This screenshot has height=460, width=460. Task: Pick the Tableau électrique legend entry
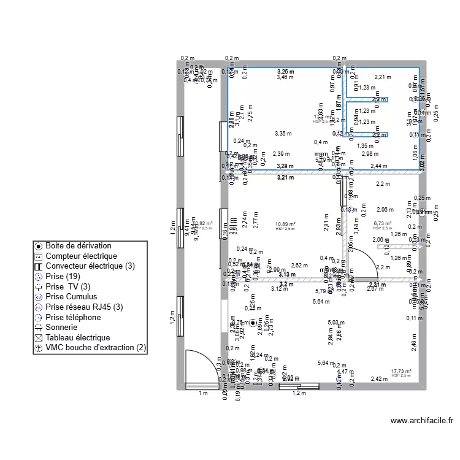pos(77,337)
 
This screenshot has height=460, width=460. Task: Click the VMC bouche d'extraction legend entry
pos(96,348)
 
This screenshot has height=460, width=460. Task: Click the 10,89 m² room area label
pos(285,224)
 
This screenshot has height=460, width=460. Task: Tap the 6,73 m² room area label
pos(382,224)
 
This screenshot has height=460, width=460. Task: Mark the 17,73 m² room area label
pos(401,371)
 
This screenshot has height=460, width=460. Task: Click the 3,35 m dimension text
pos(283,133)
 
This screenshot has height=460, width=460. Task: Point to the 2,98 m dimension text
pos(370,154)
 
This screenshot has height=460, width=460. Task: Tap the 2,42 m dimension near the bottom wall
pos(380,379)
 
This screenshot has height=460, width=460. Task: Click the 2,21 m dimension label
pos(383,77)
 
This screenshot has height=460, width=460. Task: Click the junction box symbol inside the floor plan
pos(251,321)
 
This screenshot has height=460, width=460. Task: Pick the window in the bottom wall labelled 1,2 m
pos(299,386)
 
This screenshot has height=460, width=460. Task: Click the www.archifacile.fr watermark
pos(421,421)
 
